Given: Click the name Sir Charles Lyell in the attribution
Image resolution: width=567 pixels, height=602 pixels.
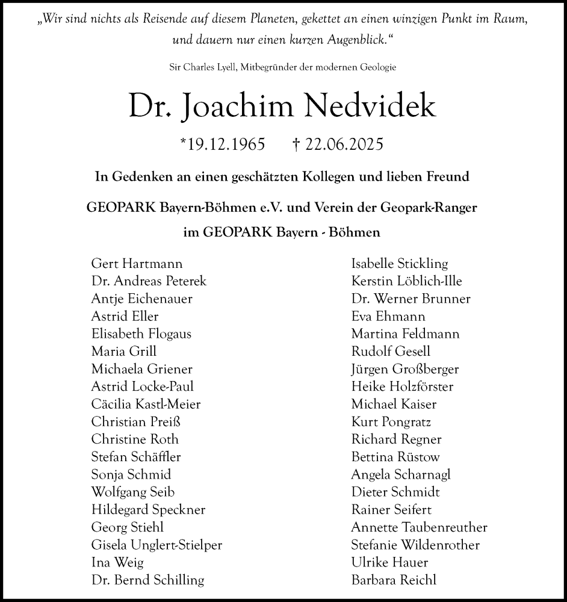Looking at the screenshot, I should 203,67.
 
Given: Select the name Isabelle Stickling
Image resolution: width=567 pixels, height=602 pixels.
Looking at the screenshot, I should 400,263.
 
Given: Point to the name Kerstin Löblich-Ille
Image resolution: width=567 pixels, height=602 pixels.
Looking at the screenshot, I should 407,281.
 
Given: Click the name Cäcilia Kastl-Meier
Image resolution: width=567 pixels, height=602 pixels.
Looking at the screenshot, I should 146,404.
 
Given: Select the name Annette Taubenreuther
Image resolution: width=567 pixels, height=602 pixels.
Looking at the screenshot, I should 419,527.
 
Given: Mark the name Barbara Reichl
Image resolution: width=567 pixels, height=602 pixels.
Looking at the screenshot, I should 394,580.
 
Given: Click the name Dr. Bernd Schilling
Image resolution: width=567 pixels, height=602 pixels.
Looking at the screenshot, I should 147,580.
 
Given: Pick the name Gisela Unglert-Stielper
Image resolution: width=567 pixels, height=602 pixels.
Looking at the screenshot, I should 156,545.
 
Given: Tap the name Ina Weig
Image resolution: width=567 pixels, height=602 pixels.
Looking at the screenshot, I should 117,562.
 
